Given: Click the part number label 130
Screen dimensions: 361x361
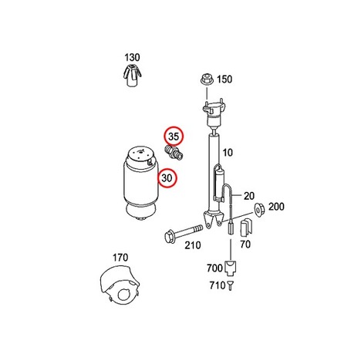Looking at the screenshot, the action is click(132, 57).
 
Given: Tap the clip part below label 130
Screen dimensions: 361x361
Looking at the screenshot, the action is click(132, 75).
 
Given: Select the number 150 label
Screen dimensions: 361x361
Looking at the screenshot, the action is click(224, 79).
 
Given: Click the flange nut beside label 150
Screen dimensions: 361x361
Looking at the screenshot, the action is click(207, 79).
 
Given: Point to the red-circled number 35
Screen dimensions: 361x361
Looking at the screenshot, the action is click(174, 137).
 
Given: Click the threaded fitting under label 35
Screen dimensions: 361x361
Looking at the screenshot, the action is click(174, 153).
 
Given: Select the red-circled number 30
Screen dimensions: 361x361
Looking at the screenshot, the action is click(167, 177).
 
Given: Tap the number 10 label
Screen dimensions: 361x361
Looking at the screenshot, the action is click(227, 153).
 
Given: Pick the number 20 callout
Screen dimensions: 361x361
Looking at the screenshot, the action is click(249, 196).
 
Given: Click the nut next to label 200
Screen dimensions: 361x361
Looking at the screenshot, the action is click(259, 209).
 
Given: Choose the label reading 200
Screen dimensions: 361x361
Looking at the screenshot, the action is click(276, 207).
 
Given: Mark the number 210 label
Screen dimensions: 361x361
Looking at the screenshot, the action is click(193, 245).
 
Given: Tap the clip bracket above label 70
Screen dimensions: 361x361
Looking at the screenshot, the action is click(246, 228).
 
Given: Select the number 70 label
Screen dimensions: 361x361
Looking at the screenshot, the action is click(245, 244).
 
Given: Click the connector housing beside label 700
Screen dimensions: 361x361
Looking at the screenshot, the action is click(231, 268).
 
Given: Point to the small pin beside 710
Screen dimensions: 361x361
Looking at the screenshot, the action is click(231, 285).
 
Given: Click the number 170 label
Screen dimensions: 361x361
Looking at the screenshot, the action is click(120, 258).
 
